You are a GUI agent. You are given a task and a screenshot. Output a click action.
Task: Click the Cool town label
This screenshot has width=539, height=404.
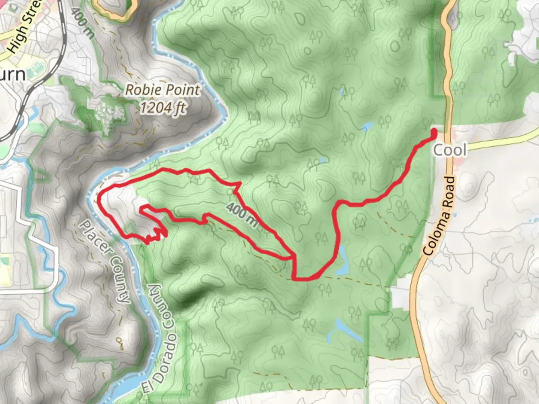450,150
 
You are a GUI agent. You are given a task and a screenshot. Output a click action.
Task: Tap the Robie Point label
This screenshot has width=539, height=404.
162,90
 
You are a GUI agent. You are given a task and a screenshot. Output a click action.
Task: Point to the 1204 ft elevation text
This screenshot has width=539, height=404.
162,108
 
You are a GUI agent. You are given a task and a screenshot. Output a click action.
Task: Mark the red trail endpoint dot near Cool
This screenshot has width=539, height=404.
434,132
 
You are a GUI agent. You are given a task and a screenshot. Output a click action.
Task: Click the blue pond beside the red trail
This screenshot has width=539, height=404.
343,262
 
